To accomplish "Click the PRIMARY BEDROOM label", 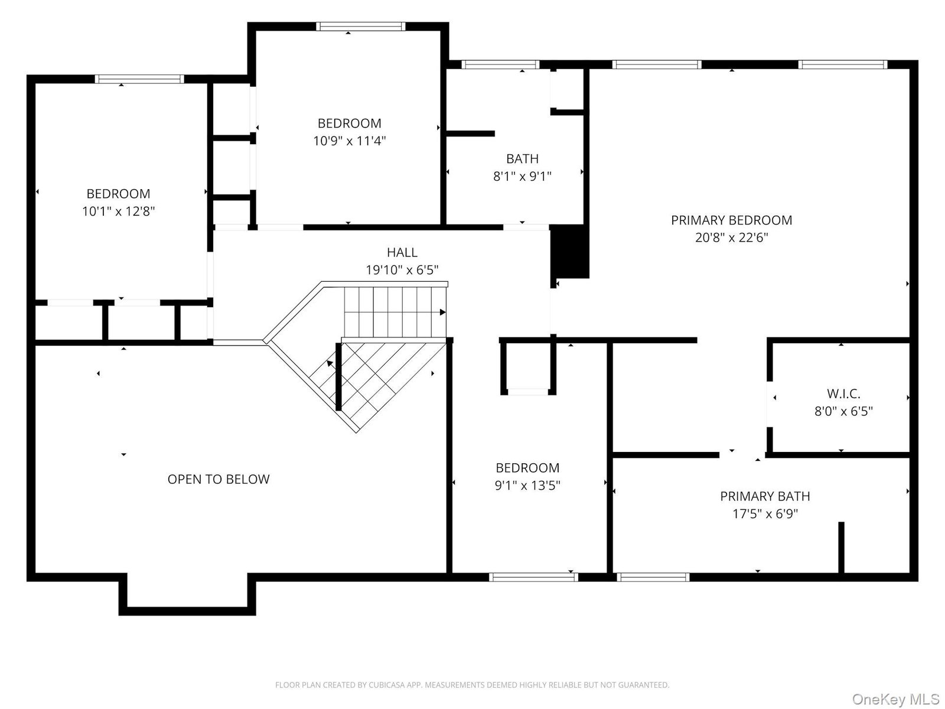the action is point(731,220).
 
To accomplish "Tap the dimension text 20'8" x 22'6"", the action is point(731,237).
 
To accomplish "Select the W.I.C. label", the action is point(843,393).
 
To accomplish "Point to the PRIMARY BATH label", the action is point(765,496).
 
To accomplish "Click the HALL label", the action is point(402,252).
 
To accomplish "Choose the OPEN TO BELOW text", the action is point(219,479).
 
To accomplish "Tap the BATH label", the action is point(522,159).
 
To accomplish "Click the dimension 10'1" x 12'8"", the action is point(118,212).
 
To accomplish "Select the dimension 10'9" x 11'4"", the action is point(349,141).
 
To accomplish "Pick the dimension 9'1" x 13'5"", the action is point(527,485).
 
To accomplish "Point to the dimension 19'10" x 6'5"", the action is point(402,270).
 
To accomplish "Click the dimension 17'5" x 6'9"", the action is point(765,513).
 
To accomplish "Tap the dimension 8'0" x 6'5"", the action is point(843,411).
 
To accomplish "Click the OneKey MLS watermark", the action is point(895,699).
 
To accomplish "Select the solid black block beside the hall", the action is point(569,251).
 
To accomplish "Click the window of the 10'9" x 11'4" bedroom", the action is point(361,27).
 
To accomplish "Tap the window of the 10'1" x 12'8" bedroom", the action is point(139,79).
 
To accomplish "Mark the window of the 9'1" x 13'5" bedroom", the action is point(533,577).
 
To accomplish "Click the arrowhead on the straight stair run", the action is point(442,312).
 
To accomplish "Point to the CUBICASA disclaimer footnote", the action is point(472,685).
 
